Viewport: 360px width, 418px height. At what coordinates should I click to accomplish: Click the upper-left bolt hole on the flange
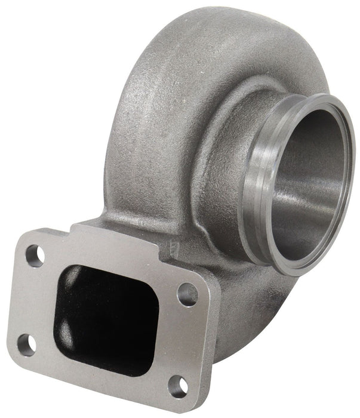click(x=35, y=256)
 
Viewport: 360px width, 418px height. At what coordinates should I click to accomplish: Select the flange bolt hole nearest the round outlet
click(x=187, y=294)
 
